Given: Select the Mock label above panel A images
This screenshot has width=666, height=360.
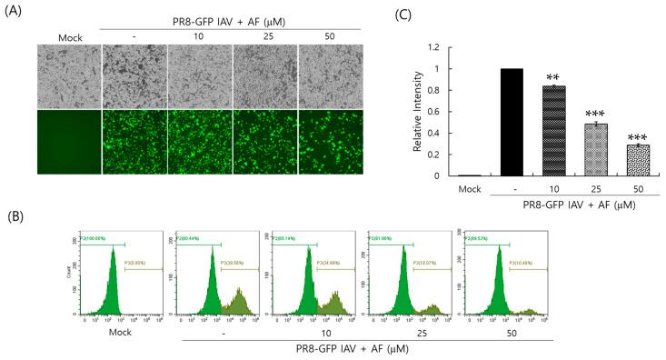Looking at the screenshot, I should tap(68, 37).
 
